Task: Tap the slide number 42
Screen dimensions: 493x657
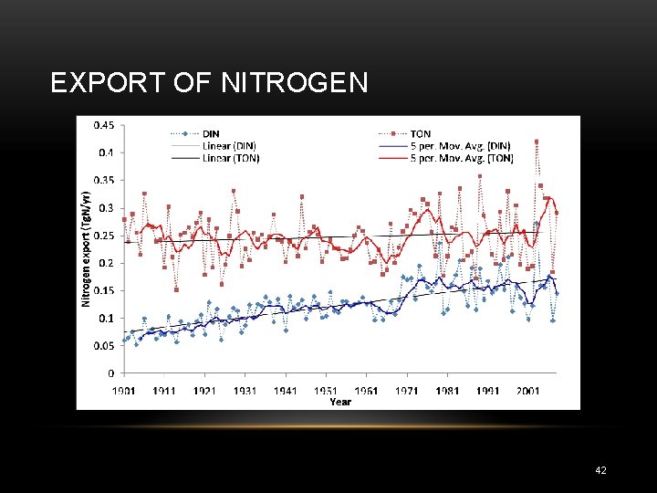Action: coord(600,470)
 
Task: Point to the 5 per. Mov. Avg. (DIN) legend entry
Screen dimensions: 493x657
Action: coord(460,146)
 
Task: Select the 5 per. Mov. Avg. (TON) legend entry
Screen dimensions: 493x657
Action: coord(460,158)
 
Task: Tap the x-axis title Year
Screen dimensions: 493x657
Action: coord(340,402)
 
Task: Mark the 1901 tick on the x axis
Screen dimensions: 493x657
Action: coord(124,390)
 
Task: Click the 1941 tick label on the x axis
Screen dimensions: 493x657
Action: coord(286,390)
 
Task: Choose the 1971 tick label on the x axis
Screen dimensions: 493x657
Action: coord(407,390)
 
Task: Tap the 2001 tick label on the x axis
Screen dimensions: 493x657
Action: coord(528,390)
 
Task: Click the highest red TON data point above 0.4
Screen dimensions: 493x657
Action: coord(537,142)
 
